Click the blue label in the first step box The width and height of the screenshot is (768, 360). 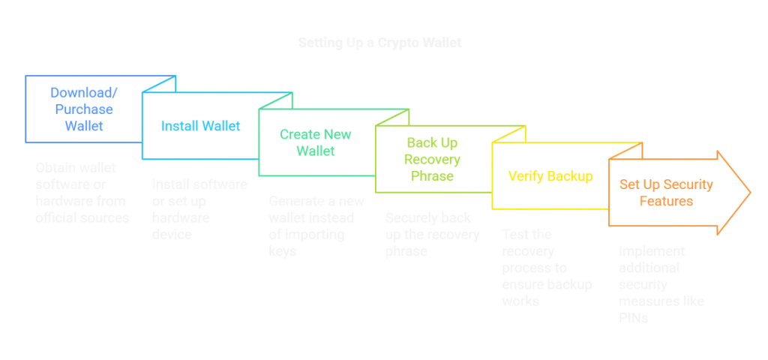[82, 109]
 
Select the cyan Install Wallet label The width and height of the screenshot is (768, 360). [199, 127]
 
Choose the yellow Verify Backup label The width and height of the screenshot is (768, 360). [550, 176]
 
